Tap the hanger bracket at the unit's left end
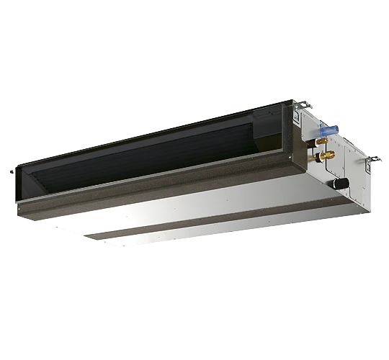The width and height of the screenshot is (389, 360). [x=11, y=172]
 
